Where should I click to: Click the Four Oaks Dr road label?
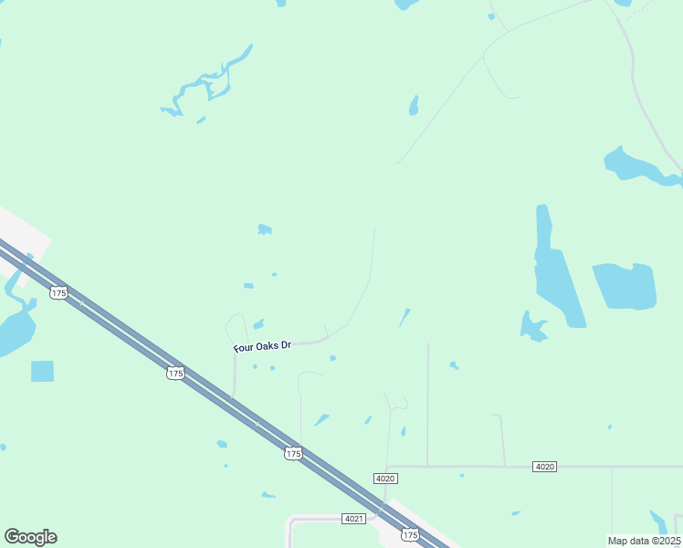point(262,346)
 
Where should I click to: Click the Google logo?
point(30,537)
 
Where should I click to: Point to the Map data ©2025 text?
point(645,541)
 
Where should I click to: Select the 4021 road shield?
point(354,519)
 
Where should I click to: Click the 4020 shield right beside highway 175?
point(385,479)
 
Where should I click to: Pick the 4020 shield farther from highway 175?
point(544,467)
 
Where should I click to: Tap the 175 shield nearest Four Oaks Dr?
point(176,373)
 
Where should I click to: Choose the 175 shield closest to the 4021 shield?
point(410,535)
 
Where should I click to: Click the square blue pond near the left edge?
point(42,371)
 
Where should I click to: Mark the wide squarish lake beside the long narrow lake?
point(625,286)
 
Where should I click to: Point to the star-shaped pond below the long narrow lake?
point(532,326)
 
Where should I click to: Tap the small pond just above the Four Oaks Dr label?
point(258,324)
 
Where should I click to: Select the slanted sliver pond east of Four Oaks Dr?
point(404,317)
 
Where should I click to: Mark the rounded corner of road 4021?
point(291,522)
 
